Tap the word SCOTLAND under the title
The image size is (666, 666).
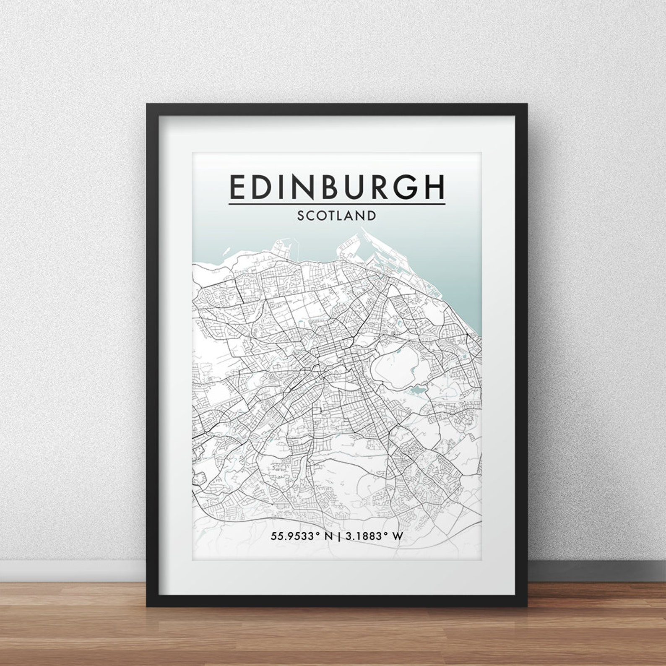point(337,216)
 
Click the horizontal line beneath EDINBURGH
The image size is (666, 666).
point(337,205)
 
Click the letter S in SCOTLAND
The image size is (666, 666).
point(301,216)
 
